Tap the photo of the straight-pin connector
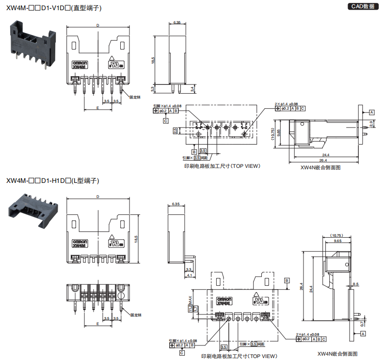pyautogui.click(x=30, y=46)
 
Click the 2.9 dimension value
pyautogui.click(x=371, y=124)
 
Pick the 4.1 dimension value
pyautogui.click(x=189, y=275)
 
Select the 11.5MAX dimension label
pyautogui.click(x=191, y=305)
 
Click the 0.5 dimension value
pyautogui.click(x=356, y=284)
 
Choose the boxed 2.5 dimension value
pyautogui.click(x=175, y=131)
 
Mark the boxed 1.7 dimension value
pyautogui.click(x=196, y=309)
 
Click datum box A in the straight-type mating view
pyautogui.click(x=371, y=112)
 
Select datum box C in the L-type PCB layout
pyautogui.click(x=182, y=353)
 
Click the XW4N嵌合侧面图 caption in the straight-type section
pyautogui.click(x=320, y=167)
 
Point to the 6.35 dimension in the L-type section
pyautogui.click(x=176, y=204)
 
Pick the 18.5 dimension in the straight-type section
pyautogui.click(x=153, y=60)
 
